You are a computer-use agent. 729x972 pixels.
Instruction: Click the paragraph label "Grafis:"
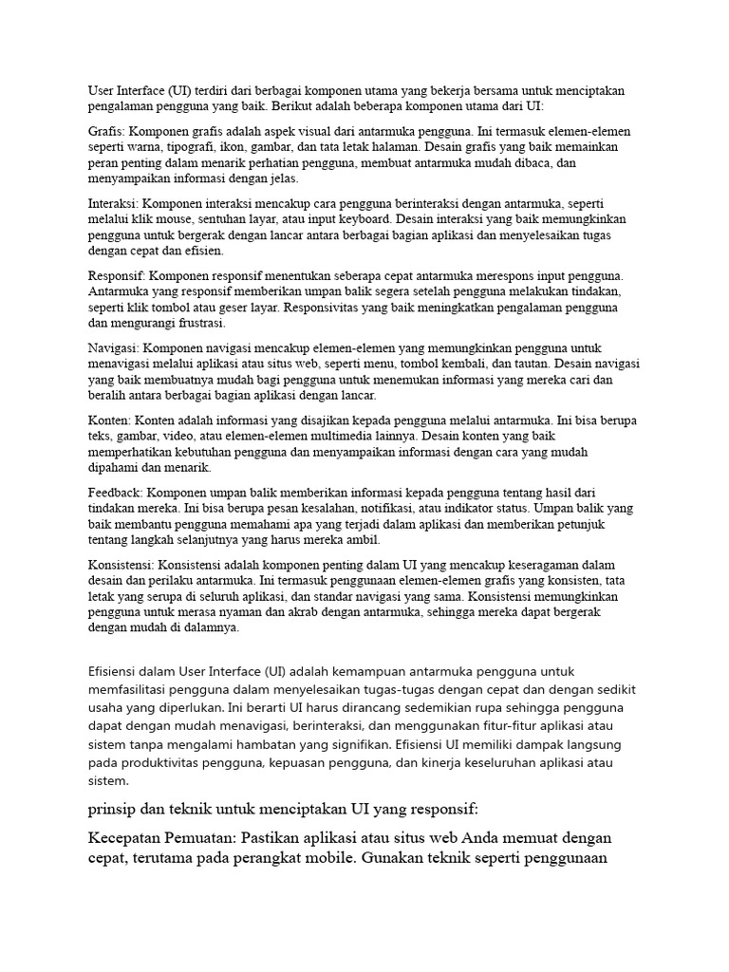pyautogui.click(x=106, y=131)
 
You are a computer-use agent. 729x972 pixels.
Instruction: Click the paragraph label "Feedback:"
pyautogui.click(x=115, y=492)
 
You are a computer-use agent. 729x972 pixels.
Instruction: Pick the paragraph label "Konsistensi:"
pyautogui.click(x=121, y=564)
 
